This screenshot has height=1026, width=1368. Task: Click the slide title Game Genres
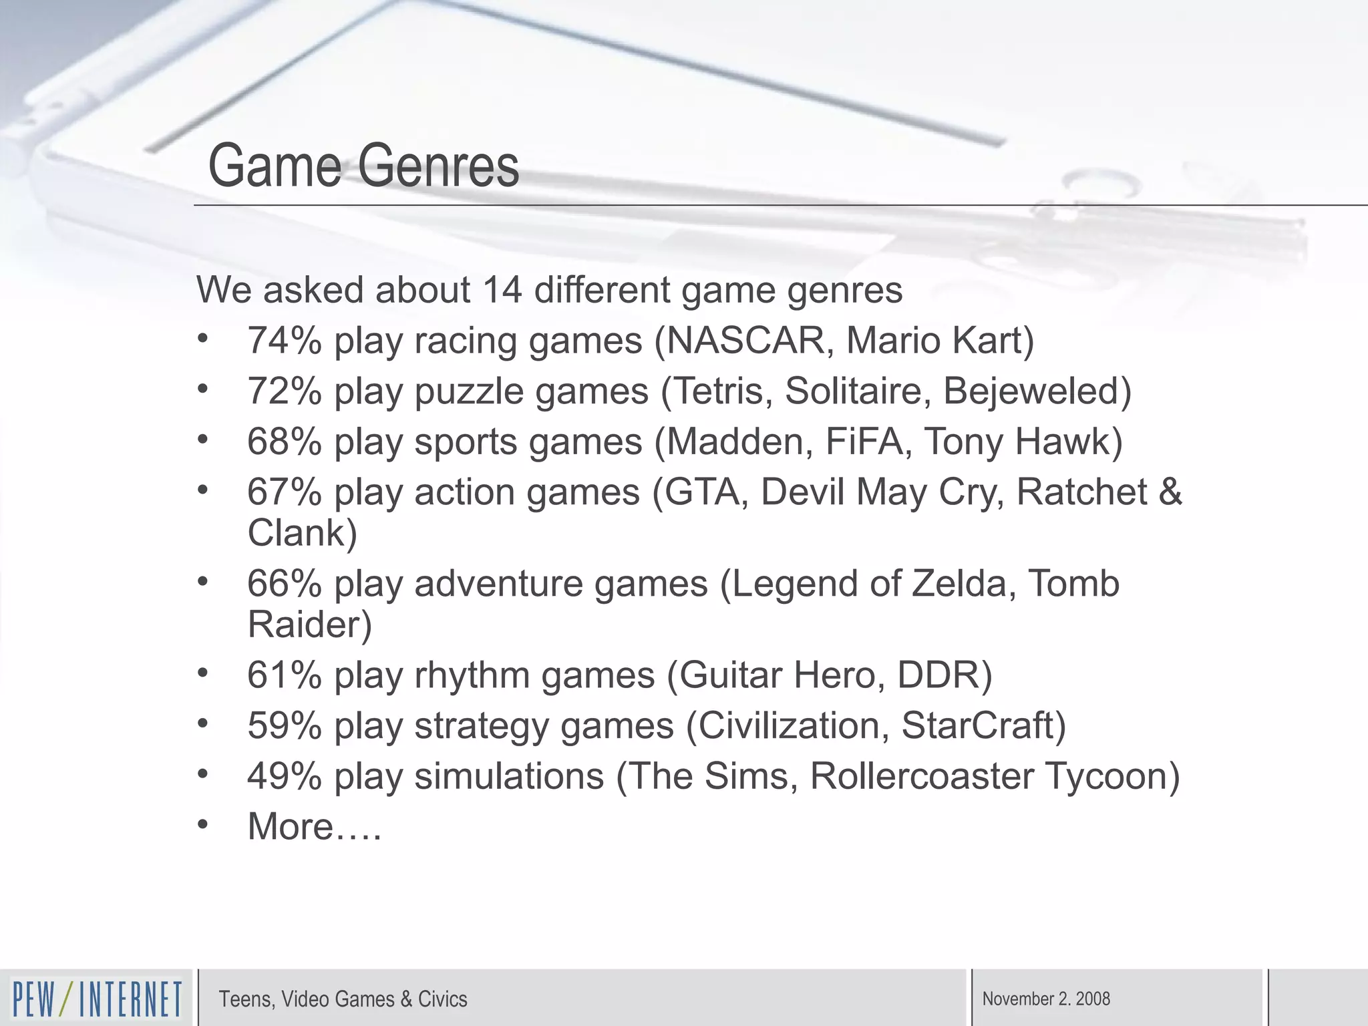[x=363, y=166]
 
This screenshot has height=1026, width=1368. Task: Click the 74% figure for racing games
[x=285, y=340]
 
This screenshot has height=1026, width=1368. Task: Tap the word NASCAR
[x=749, y=340]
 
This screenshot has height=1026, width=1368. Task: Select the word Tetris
[x=723, y=391]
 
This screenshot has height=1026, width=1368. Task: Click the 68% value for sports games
[x=285, y=442]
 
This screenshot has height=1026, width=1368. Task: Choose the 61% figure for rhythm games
[x=285, y=675]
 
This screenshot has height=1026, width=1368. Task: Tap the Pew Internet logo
[x=96, y=999]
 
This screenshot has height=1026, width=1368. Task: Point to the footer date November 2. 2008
[x=1046, y=999]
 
